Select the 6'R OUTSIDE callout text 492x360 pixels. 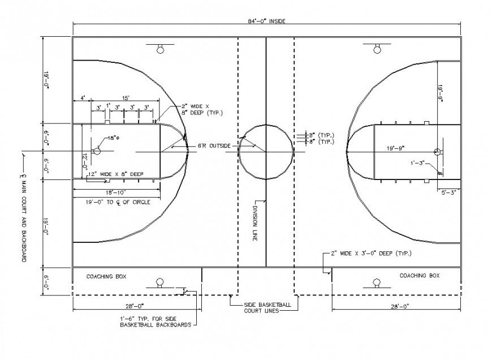(214, 146)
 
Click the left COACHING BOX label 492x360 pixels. (106, 276)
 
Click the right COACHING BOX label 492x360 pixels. (419, 276)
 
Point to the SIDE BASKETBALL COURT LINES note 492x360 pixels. (267, 307)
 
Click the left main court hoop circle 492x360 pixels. (97, 151)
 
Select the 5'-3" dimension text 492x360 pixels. (450, 192)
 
